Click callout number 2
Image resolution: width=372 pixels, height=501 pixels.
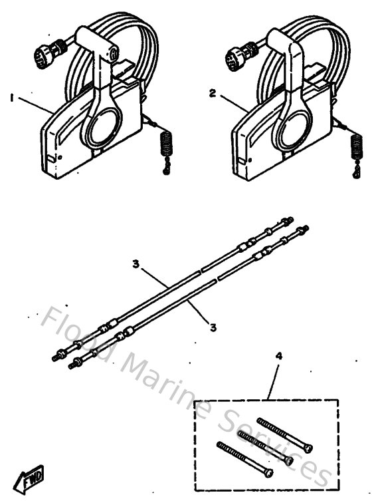212,94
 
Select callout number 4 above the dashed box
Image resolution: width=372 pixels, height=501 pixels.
278,356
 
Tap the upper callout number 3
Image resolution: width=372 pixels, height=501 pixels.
136,264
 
